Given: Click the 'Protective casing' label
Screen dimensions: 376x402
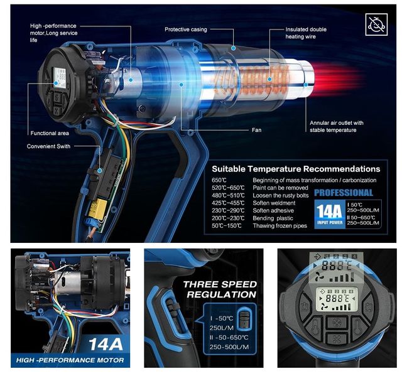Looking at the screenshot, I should pyautogui.click(x=190, y=30).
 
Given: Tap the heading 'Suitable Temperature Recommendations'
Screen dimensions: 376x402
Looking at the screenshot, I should pyautogui.click(x=295, y=169).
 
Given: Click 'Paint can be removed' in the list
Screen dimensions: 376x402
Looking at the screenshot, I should pyautogui.click(x=280, y=188).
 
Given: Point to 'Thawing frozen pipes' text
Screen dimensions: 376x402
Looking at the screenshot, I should pyautogui.click(x=280, y=225).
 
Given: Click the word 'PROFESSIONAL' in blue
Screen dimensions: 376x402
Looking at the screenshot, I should pyautogui.click(x=344, y=193).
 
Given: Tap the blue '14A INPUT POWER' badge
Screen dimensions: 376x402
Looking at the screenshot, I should pyautogui.click(x=329, y=213).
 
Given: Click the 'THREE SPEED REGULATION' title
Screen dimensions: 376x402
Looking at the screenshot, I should pyautogui.click(x=219, y=289).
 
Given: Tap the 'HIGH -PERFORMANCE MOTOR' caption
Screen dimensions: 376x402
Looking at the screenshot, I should pyautogui.click(x=70, y=360).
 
